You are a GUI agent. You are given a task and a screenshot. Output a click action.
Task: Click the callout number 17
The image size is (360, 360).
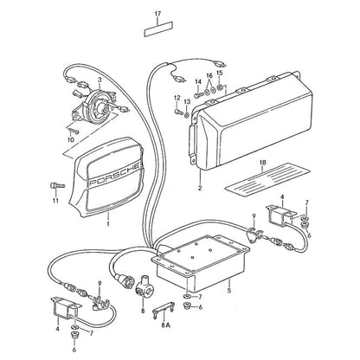[157, 14]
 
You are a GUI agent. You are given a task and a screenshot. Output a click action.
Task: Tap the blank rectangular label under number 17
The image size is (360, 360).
[158, 29]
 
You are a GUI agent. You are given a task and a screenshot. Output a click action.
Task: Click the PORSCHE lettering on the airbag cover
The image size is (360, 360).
[115, 174]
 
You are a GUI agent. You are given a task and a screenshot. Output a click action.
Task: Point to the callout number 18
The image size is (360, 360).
[262, 163]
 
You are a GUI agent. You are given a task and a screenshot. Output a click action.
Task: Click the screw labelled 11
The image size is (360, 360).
[58, 185]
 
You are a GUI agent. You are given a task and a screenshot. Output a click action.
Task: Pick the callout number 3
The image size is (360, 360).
[99, 79]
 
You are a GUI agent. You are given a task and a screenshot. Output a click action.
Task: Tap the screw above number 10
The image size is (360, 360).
[74, 131]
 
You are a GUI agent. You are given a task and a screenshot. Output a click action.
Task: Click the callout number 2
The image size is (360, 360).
[200, 189]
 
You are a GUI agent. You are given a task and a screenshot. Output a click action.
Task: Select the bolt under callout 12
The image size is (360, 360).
[177, 111]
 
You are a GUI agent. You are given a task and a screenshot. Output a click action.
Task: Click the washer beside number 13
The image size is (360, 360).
[187, 116]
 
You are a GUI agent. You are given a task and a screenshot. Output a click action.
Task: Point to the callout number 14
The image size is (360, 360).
[198, 81]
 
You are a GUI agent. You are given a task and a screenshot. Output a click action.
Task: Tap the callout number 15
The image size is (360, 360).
[220, 73]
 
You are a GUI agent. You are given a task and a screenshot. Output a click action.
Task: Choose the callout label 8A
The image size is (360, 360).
[166, 325]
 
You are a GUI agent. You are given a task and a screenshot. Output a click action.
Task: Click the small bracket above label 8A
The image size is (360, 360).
[163, 310]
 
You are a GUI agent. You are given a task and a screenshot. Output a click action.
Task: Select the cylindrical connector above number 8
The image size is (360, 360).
[143, 286]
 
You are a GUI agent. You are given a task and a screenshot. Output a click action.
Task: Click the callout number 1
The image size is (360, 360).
[108, 224]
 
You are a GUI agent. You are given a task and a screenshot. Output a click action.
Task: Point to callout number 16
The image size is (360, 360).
[209, 76]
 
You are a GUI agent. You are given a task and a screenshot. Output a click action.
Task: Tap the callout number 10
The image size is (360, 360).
[71, 140]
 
